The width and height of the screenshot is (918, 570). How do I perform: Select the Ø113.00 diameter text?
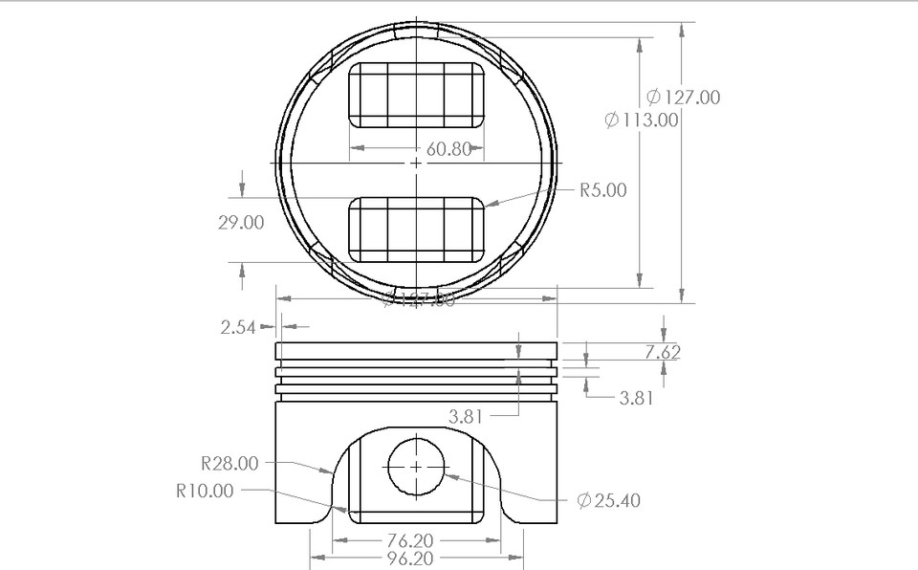(642, 120)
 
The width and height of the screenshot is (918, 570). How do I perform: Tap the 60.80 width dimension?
(448, 149)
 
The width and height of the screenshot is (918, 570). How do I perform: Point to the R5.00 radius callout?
(602, 190)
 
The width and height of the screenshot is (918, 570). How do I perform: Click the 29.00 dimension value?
(241, 222)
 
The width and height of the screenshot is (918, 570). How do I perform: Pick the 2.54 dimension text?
(238, 327)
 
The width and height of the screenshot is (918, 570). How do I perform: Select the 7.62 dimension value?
(662, 352)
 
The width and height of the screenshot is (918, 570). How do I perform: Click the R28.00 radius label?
(229, 464)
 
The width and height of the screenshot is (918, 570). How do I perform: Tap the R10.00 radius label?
(204, 491)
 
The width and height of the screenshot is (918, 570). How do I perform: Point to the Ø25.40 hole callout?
(609, 500)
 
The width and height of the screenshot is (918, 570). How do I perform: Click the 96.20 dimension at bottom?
(417, 559)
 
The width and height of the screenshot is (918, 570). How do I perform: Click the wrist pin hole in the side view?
(417, 465)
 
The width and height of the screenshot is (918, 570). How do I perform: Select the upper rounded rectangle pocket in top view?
(417, 96)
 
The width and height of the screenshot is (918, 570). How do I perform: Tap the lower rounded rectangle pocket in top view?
(417, 230)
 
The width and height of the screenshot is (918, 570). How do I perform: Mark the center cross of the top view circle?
(417, 164)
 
